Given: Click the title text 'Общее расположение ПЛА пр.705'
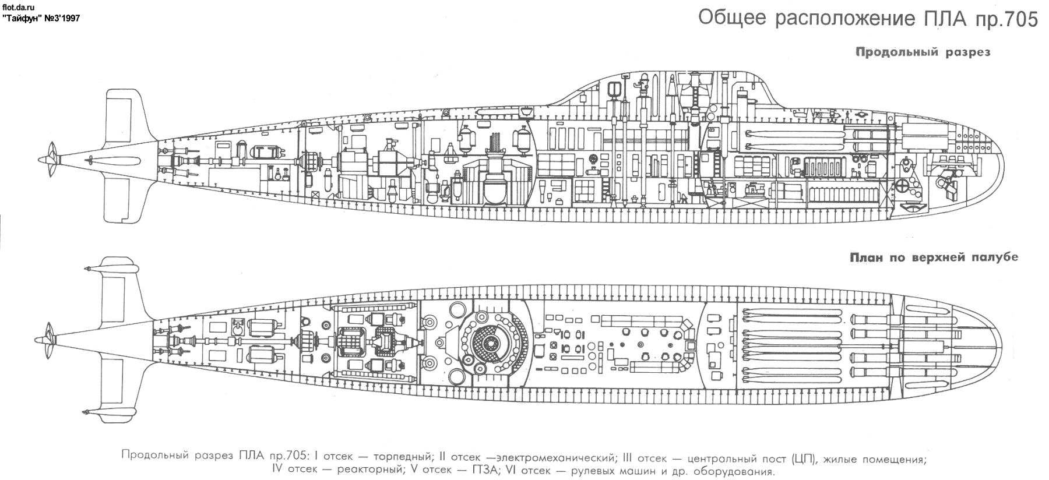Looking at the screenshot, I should pos(868,19).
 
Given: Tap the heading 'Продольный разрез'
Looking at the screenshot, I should pos(923,52).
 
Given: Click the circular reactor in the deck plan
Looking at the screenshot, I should pos(489,339).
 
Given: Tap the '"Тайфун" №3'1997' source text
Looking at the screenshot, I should pos(41,19).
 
